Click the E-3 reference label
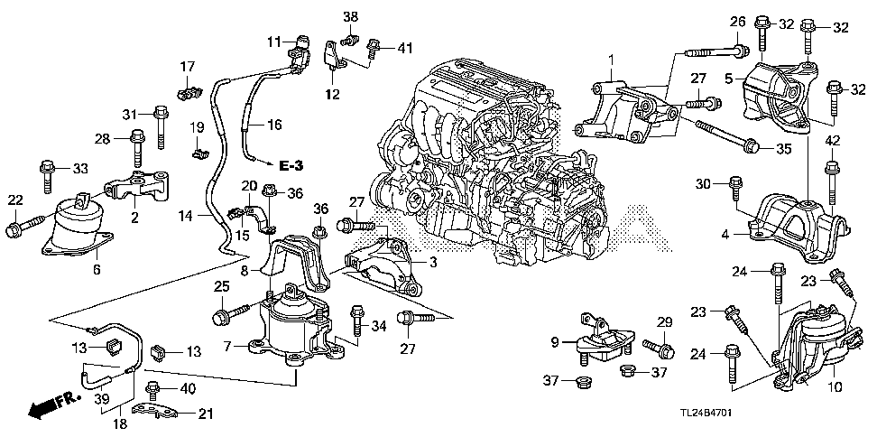(x=291, y=165)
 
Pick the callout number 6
(x=97, y=269)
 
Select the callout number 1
(x=610, y=60)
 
